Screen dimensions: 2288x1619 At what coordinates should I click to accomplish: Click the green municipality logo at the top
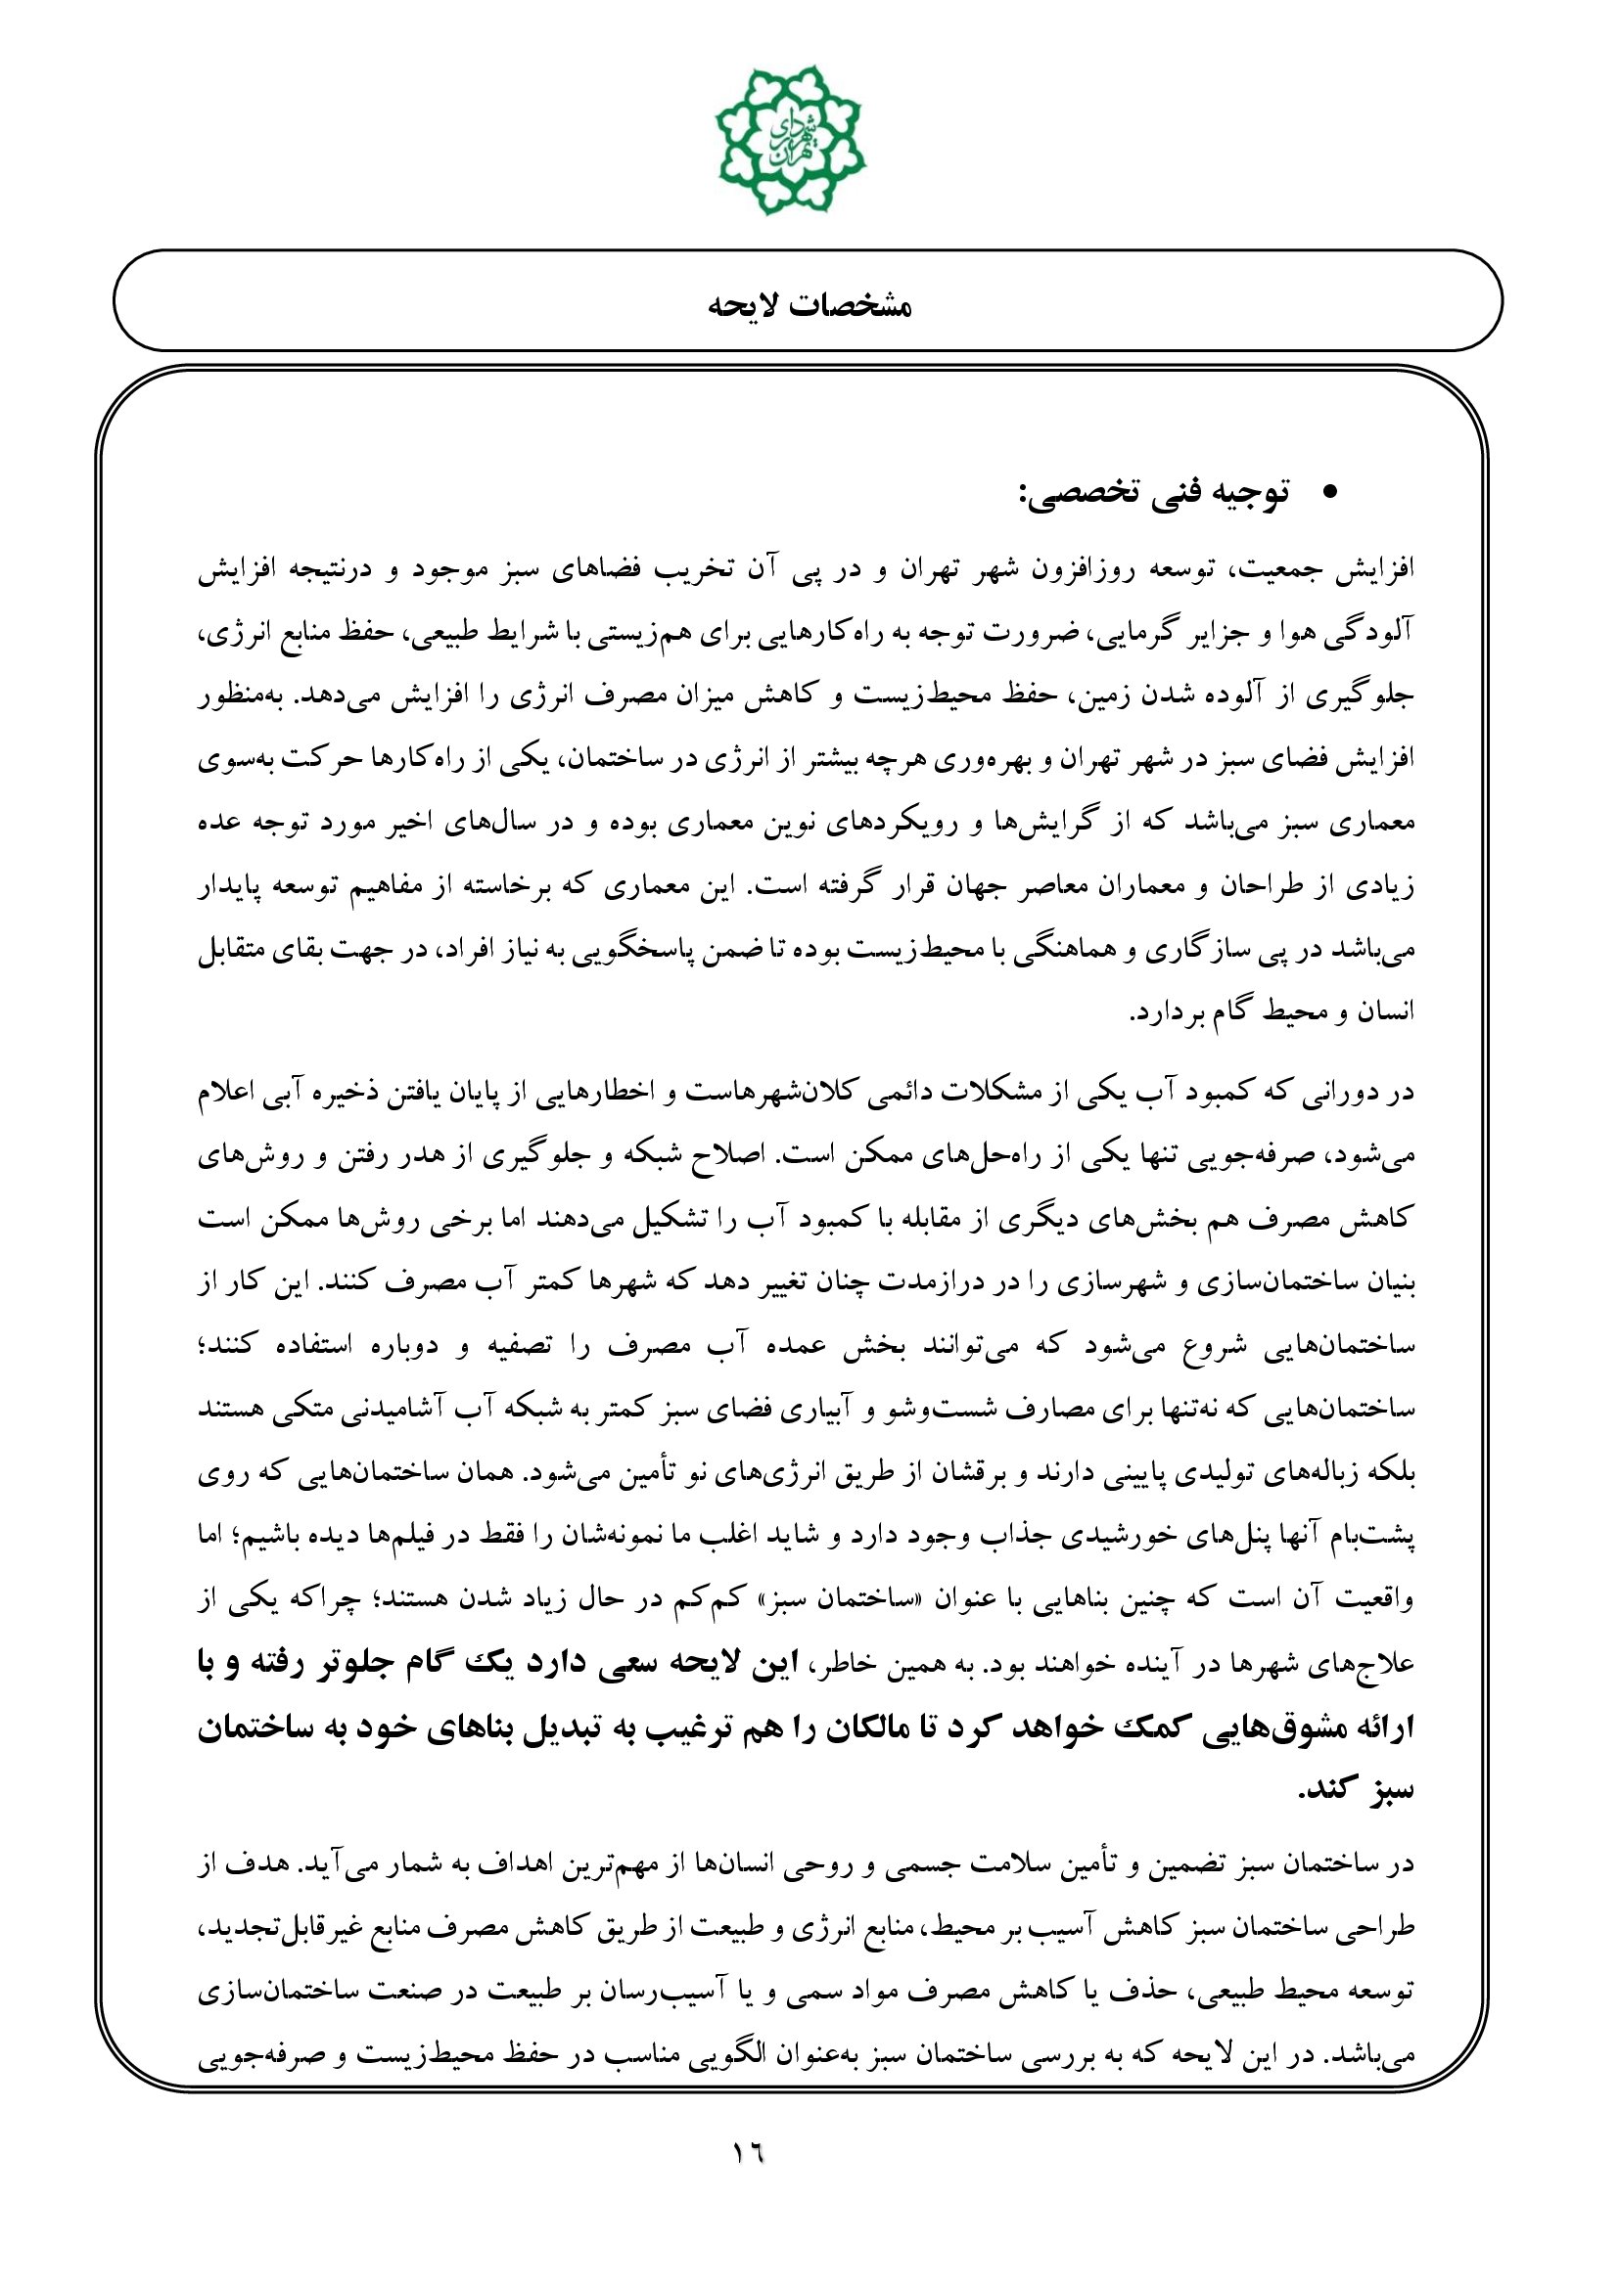coord(791,141)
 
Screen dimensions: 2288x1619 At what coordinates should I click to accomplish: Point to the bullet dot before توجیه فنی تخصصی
coord(1327,493)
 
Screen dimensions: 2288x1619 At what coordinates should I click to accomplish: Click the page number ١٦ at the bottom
coord(748,2153)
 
